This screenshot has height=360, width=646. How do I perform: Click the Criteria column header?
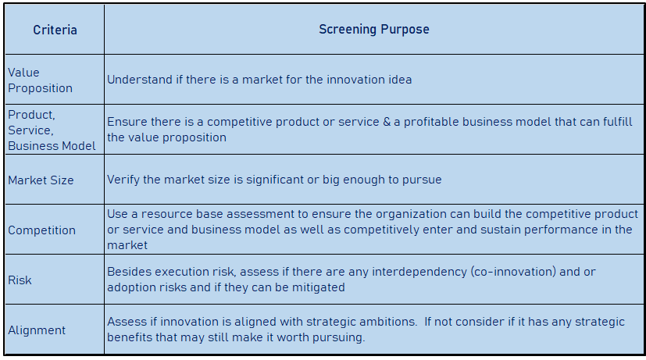point(55,30)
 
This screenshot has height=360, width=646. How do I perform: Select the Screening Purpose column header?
point(374,30)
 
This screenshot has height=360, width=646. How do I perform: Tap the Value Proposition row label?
point(40,80)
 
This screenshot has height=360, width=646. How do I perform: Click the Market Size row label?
point(41,180)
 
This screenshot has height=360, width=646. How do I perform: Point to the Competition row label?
point(41,230)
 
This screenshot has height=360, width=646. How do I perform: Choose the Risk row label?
point(20,280)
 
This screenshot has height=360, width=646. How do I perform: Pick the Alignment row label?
point(37,330)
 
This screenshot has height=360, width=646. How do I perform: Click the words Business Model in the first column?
point(52,146)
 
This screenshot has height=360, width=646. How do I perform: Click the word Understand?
point(140,80)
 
